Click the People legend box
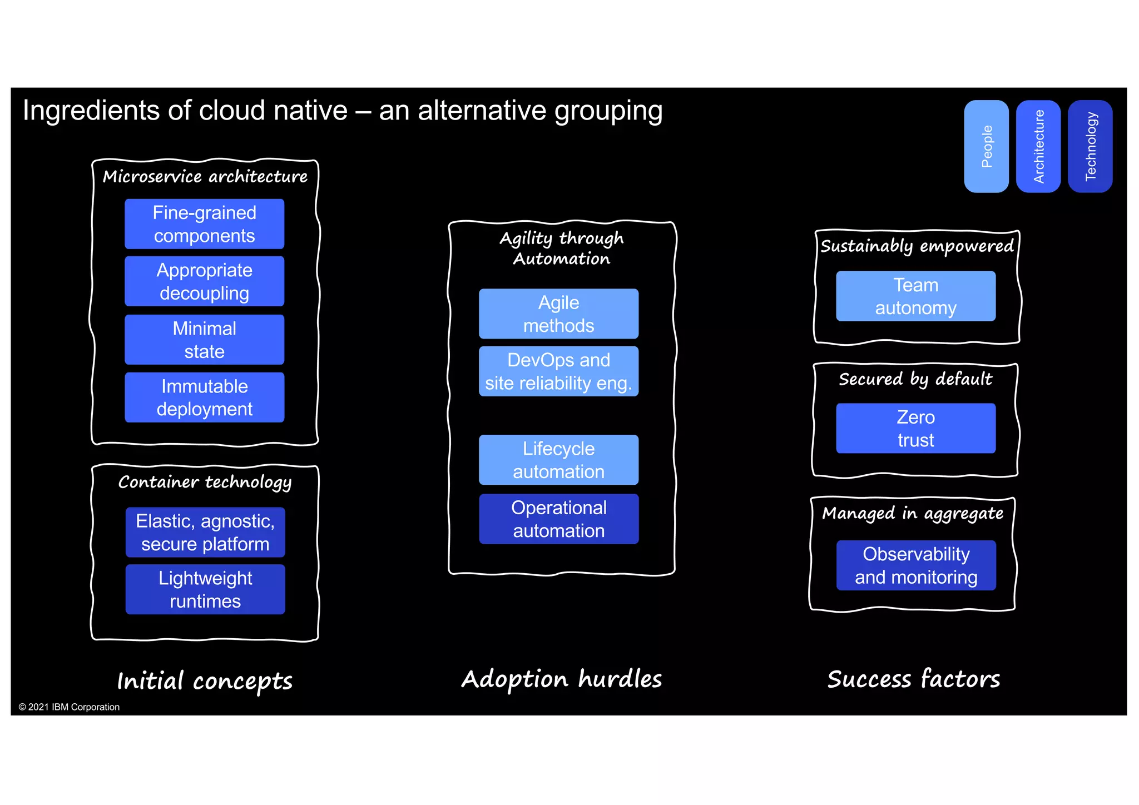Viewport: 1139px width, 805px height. click(x=986, y=146)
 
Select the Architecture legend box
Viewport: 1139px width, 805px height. click(x=1038, y=146)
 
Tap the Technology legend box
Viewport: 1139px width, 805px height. click(x=1090, y=146)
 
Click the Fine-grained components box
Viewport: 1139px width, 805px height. click(x=204, y=224)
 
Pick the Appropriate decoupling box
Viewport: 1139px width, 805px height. click(x=204, y=281)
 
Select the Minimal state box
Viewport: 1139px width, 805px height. click(x=204, y=340)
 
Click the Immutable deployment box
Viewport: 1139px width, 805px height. click(x=204, y=397)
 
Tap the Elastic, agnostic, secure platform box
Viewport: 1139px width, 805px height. click(x=205, y=532)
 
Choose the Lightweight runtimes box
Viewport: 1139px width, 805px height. click(x=205, y=589)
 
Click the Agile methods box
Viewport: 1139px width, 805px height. click(x=558, y=314)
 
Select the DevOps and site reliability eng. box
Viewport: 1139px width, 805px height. click(x=558, y=371)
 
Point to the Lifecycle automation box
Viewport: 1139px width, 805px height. click(x=558, y=460)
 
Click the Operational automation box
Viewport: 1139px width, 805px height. click(x=558, y=519)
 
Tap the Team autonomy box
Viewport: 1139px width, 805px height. click(x=915, y=296)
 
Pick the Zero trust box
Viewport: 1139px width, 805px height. click(x=915, y=428)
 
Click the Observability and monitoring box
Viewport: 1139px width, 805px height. click(x=915, y=565)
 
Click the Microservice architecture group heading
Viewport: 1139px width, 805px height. click(x=205, y=177)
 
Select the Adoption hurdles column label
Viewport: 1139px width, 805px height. click(x=562, y=679)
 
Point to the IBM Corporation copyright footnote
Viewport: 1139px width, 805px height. click(x=69, y=707)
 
